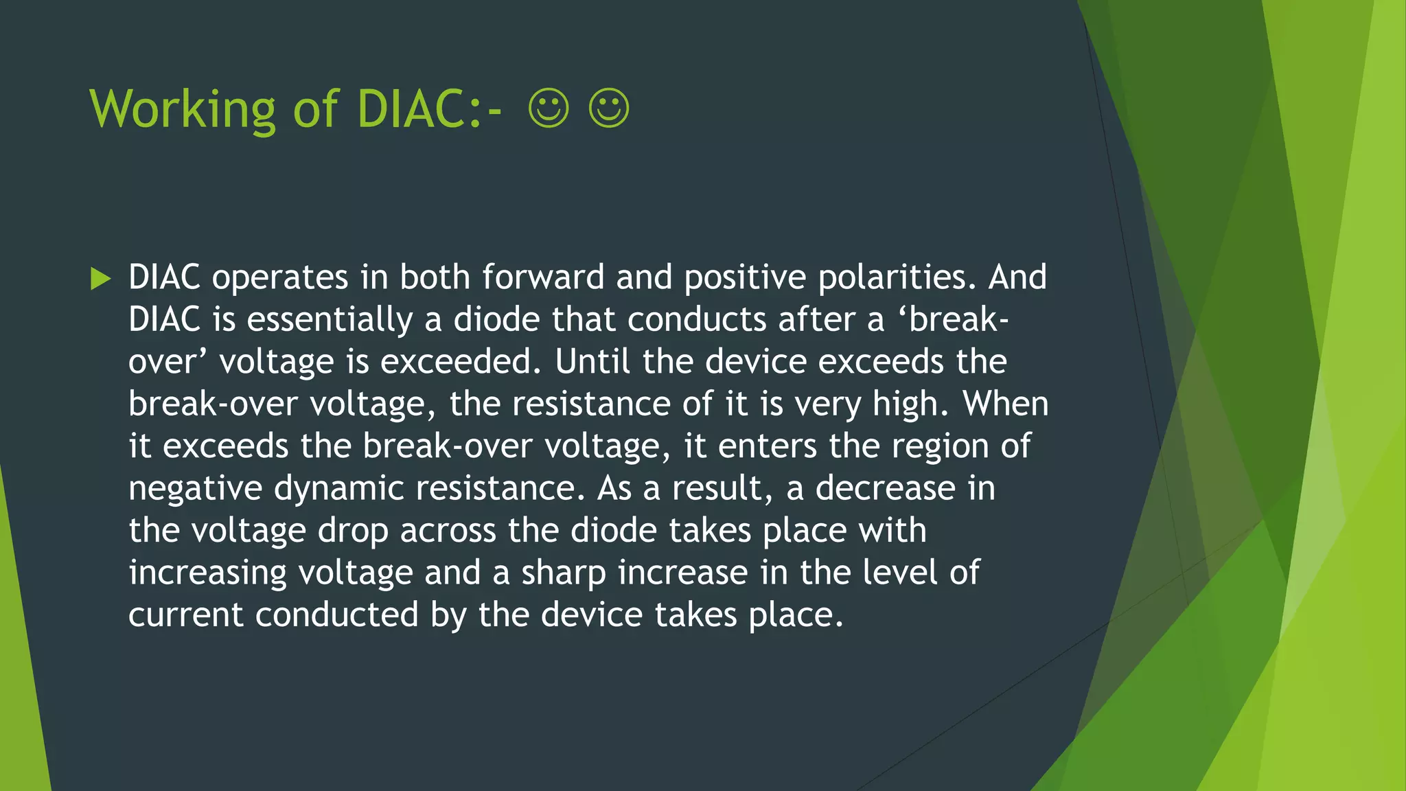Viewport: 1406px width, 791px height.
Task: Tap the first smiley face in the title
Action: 549,108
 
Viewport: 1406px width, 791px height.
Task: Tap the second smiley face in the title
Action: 609,108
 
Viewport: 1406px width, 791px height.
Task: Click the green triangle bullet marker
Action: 100,279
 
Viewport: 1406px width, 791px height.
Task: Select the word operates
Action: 280,278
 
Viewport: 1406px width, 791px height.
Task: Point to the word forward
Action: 542,277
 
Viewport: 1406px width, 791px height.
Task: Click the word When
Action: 1006,404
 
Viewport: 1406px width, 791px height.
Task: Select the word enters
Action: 768,446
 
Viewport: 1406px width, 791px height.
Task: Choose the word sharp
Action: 564,574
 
